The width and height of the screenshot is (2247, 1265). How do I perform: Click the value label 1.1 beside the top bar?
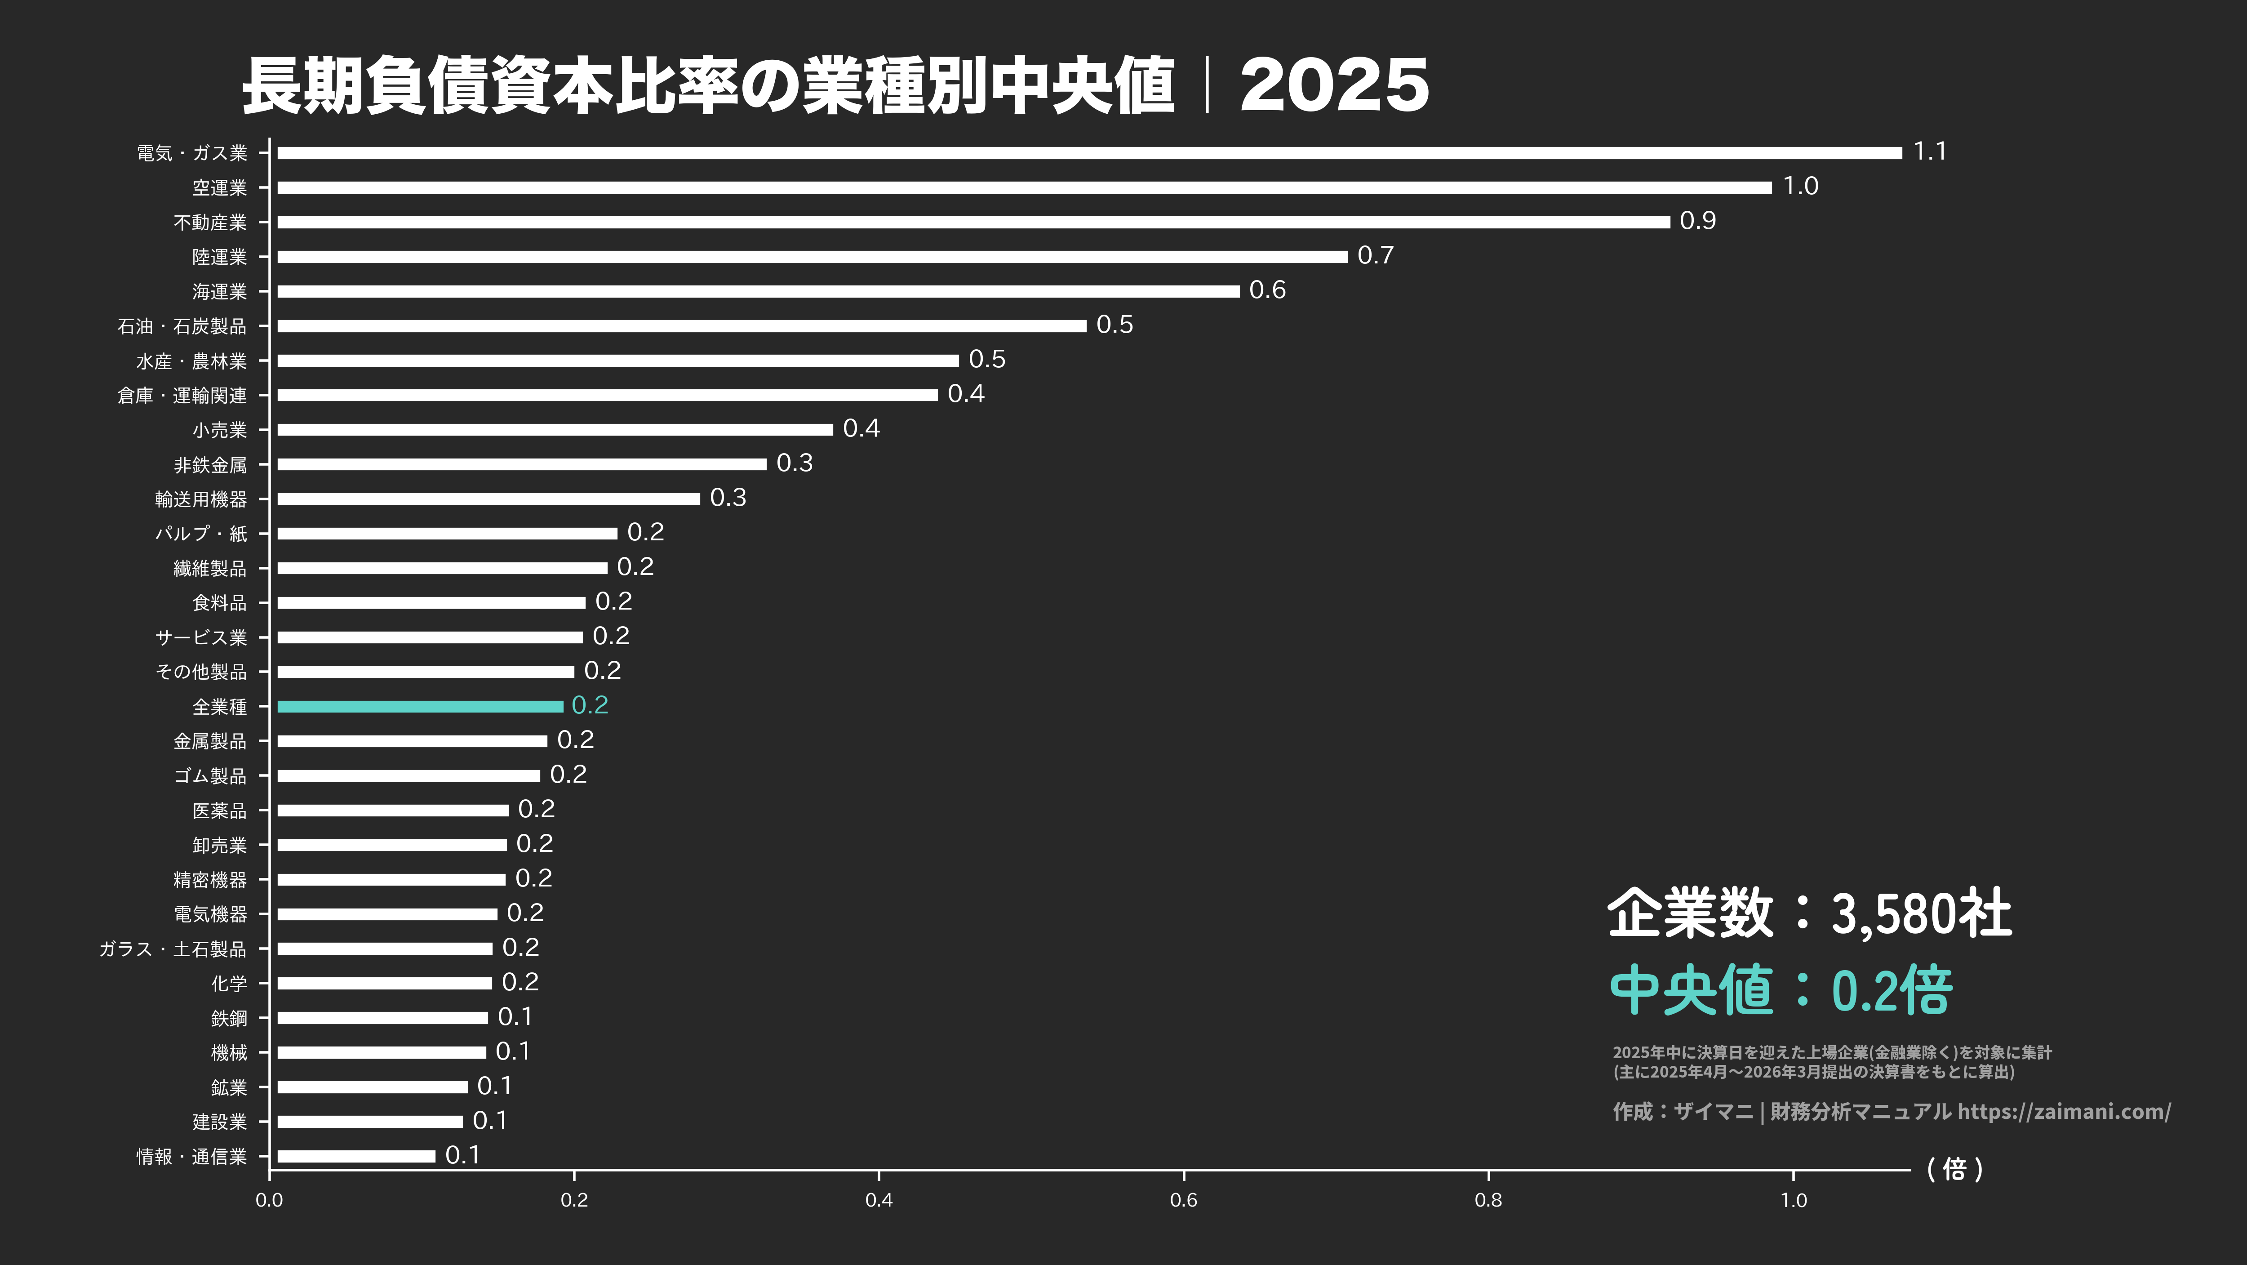[1929, 152]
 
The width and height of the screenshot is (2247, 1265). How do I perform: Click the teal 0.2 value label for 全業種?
[590, 705]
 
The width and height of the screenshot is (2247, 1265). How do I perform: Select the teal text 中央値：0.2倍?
[1780, 990]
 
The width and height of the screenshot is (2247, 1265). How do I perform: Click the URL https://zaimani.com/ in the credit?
[2064, 1111]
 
